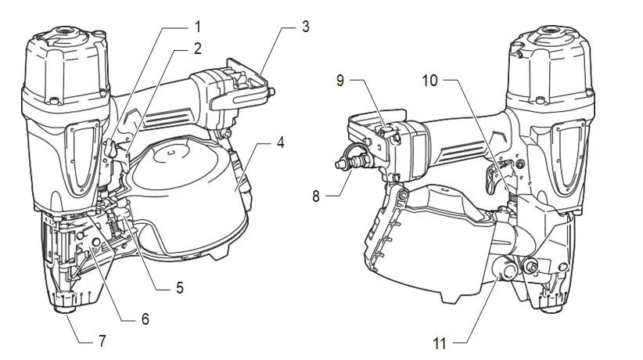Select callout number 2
pos(197,49)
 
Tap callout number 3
pos(305,27)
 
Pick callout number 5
pos(180,287)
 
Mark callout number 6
pos(145,319)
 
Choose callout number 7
pos(101,341)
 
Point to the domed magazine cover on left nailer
pos(180,180)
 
